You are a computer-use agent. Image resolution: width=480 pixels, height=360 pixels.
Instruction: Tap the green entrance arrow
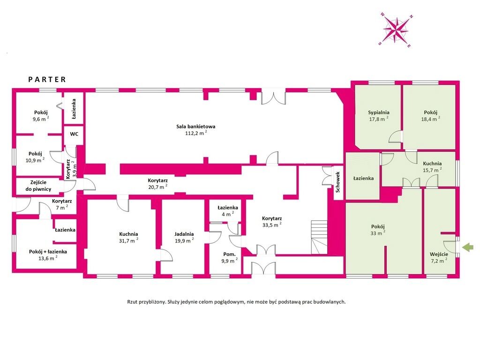(468, 247)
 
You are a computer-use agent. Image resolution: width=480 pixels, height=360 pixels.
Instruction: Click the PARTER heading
(47, 80)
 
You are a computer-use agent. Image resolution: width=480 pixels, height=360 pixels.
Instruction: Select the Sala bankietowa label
(195, 126)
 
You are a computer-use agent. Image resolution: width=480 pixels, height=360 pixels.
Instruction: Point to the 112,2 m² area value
(196, 133)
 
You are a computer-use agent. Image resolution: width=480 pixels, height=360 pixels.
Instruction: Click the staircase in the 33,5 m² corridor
(319, 237)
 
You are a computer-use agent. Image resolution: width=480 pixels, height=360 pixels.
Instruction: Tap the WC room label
(74, 134)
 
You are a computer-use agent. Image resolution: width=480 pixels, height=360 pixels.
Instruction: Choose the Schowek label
(337, 182)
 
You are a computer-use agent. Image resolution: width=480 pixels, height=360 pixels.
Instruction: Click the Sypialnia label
(379, 112)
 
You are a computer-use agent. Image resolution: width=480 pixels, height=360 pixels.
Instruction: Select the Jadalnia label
(184, 234)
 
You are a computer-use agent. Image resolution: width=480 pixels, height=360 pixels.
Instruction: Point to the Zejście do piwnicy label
(38, 186)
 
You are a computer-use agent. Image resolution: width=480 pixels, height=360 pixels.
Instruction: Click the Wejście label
(439, 254)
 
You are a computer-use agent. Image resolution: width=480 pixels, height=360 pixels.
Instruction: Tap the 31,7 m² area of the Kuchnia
(128, 240)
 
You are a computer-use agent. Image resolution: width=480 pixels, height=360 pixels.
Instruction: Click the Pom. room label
(229, 254)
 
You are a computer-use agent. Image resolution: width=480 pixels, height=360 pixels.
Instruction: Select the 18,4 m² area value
(430, 119)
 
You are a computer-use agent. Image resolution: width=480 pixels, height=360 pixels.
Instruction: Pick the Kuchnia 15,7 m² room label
(432, 164)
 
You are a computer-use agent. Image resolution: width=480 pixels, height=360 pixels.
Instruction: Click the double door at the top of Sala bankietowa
(273, 97)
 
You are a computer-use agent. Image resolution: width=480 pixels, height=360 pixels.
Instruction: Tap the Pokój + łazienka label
(48, 252)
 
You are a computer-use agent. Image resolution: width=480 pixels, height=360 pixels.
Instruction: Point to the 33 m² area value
(378, 233)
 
